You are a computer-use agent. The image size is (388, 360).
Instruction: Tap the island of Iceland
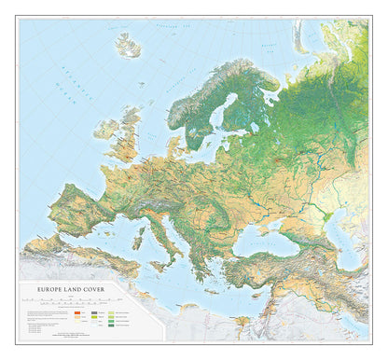[x=130, y=44]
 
